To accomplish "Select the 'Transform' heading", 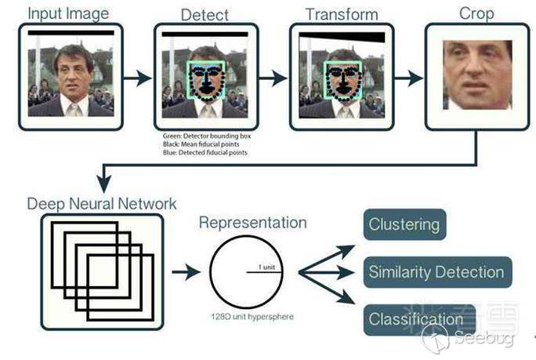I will point(341,15).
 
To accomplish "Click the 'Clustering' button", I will point(404,224).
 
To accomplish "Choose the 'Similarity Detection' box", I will point(435,272).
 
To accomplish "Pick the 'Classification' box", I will point(416,319).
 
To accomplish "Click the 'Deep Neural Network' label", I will point(102,203).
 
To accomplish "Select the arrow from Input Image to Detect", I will point(138,78).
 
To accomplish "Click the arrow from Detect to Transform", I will point(273,78).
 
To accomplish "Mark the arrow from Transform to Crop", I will point(409,78).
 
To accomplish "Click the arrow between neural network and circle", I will point(187,273).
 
